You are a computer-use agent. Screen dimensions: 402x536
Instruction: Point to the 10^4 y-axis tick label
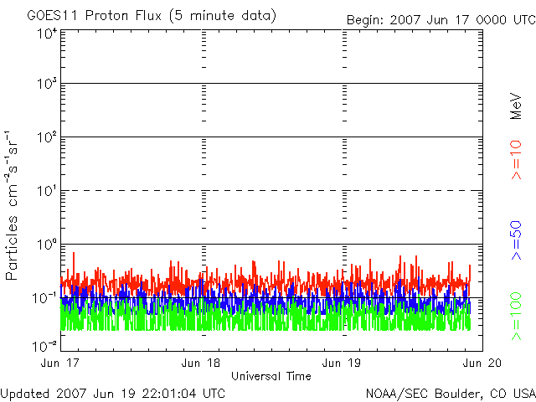pyautogui.click(x=46, y=33)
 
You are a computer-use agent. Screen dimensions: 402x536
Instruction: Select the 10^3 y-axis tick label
pyautogui.click(x=46, y=84)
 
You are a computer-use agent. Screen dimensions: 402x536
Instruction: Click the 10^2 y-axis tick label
pyautogui.click(x=46, y=137)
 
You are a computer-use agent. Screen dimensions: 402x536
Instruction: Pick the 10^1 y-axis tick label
pyautogui.click(x=46, y=191)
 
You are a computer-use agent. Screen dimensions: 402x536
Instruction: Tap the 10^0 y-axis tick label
pyautogui.click(x=46, y=245)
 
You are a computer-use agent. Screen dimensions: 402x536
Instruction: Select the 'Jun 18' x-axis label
pyautogui.click(x=202, y=363)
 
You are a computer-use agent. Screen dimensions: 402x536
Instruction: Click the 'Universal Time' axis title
pyautogui.click(x=271, y=376)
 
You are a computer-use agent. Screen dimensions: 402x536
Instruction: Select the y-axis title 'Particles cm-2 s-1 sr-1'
pyautogui.click(x=14, y=205)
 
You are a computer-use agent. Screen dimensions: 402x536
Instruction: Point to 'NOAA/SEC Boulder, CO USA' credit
pyautogui.click(x=450, y=393)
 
